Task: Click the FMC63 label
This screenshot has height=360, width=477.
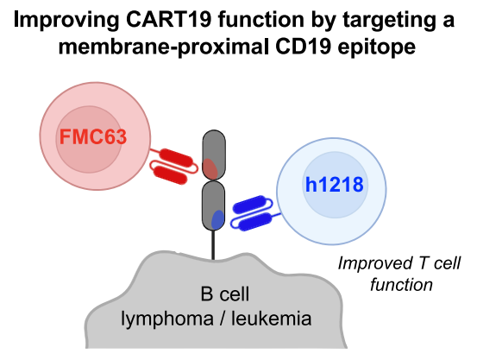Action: pyautogui.click(x=88, y=138)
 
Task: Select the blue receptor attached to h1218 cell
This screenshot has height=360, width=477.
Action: pyautogui.click(x=253, y=213)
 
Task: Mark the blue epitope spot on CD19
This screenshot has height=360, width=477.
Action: pyautogui.click(x=218, y=219)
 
